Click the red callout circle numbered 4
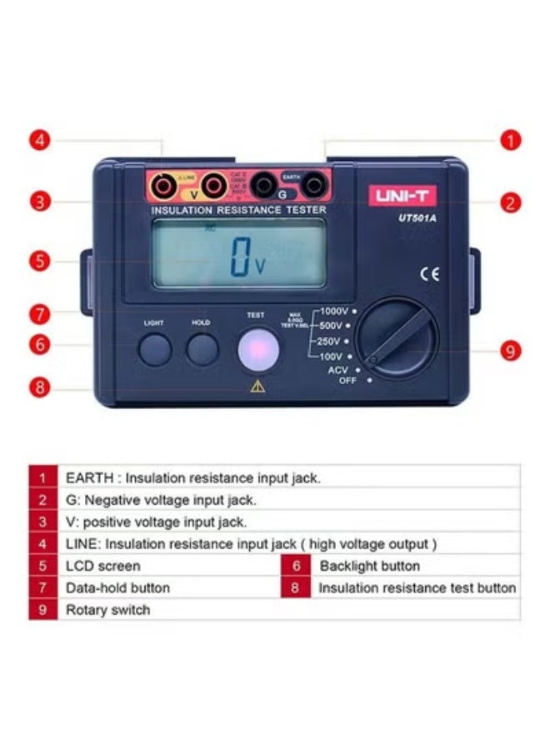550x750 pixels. pos(40,140)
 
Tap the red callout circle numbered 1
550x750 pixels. pos(511,140)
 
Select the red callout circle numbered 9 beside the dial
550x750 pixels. pos(511,351)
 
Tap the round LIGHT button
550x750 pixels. pos(155,349)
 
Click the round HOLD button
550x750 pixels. pos(202,349)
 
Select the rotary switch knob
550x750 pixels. pos(397,340)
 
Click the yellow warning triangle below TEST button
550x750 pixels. pos(256,386)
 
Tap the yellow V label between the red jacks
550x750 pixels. pos(194,194)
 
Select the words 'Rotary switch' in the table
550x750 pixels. pos(108,610)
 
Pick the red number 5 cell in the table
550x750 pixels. pos(42,566)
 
